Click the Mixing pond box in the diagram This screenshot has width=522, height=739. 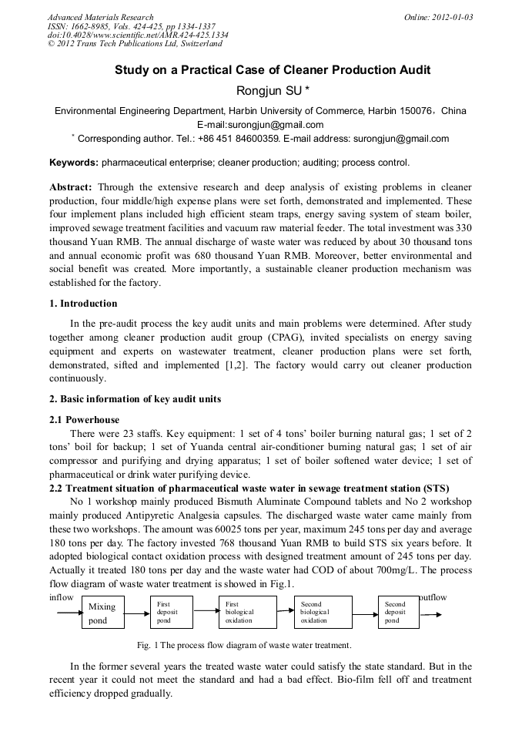[x=102, y=613]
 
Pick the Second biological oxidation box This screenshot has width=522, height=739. [x=323, y=613]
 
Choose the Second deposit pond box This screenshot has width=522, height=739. [x=399, y=613]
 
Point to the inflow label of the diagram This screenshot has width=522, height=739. [x=62, y=598]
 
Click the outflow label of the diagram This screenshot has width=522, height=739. [x=432, y=598]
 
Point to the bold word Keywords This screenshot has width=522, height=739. [x=74, y=163]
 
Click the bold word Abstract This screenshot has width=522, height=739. [x=71, y=187]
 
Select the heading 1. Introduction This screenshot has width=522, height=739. [x=83, y=304]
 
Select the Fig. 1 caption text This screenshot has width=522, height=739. [x=244, y=645]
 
